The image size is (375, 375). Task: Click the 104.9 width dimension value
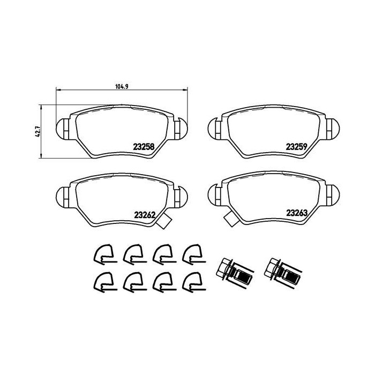click(x=122, y=87)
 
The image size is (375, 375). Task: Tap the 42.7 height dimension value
click(x=37, y=132)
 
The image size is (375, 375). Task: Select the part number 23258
click(x=144, y=146)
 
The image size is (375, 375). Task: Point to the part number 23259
click(x=297, y=147)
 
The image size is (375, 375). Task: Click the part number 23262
click(x=145, y=215)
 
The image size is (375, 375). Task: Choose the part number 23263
click(x=297, y=213)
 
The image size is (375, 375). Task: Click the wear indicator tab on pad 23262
click(x=164, y=221)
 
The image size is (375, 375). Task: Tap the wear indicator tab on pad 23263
click(x=231, y=219)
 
